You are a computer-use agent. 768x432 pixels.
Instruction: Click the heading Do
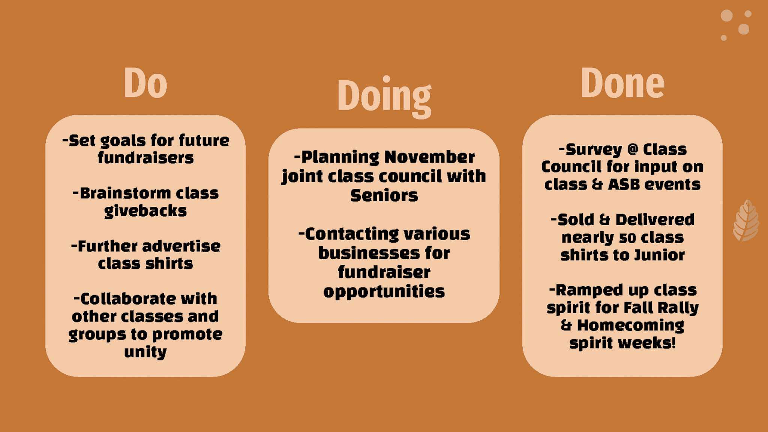point(145,83)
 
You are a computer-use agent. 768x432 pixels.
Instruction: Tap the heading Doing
point(384,97)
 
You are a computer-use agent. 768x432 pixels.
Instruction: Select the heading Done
point(622,83)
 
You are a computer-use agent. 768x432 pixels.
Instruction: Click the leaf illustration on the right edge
point(746,220)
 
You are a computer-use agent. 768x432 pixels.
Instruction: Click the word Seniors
point(384,196)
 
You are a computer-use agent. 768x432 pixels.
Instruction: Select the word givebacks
point(145,211)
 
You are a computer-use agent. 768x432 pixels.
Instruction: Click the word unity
point(145,352)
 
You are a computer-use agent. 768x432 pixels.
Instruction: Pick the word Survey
point(594,150)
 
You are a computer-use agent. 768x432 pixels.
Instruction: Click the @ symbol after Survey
point(633,149)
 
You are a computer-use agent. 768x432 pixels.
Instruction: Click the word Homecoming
point(631,326)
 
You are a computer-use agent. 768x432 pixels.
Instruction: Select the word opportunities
point(384,291)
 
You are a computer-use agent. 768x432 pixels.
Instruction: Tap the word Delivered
point(655,220)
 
